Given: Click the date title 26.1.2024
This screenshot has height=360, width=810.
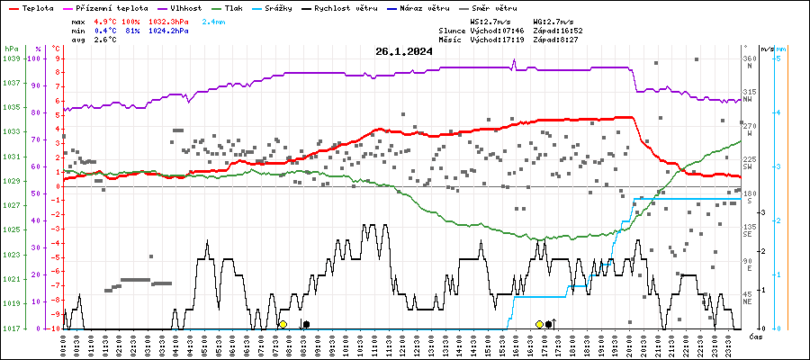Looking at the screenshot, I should (404, 51).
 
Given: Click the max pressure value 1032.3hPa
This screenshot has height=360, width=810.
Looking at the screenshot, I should (170, 20).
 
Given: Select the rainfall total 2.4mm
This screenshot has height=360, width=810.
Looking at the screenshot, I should (213, 20).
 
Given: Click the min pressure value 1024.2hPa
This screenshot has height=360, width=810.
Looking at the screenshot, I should (170, 30).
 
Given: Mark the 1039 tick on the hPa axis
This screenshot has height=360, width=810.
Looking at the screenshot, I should (12, 58).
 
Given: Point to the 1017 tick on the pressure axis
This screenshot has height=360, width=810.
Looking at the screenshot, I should (12, 328).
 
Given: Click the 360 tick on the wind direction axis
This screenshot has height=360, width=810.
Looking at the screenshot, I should (749, 58).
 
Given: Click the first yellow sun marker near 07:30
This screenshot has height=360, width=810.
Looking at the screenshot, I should (283, 324).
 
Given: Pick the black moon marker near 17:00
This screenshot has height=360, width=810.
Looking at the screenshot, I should (549, 324).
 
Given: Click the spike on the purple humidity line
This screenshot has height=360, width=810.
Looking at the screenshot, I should (514, 61).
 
